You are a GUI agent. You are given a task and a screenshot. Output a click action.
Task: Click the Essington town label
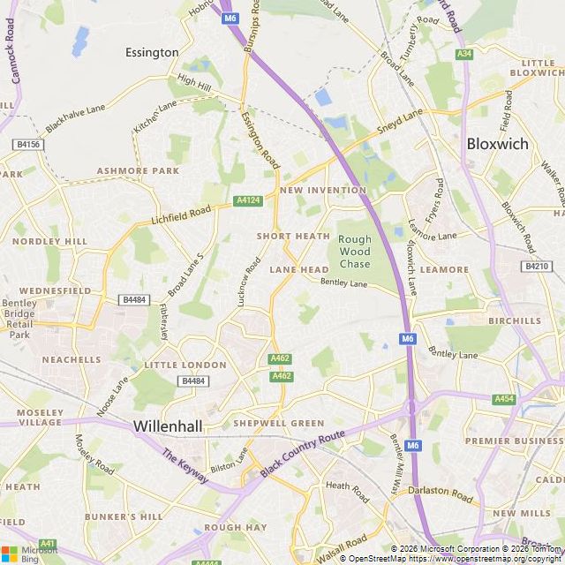[x=152, y=52]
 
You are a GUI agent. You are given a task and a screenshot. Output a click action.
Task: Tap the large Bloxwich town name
[x=497, y=143]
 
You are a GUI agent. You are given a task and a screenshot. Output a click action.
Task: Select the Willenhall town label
[x=168, y=426]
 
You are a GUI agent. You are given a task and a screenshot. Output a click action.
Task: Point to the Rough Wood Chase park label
[x=355, y=252]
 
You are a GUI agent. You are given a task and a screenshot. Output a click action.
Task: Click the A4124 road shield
[x=249, y=201]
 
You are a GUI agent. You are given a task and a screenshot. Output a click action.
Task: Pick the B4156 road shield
[x=28, y=144]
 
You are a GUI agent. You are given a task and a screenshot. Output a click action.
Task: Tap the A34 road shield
[x=464, y=55]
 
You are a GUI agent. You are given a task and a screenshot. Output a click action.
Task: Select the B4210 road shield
[x=536, y=266]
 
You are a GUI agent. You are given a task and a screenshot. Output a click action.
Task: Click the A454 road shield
[x=504, y=399]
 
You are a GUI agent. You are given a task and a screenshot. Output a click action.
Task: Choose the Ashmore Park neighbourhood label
[x=138, y=170]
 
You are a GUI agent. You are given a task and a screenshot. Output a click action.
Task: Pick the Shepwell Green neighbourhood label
[x=278, y=424]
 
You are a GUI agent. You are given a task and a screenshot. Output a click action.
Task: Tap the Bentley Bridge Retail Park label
[x=20, y=319]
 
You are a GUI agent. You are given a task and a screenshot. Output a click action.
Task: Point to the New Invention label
[x=322, y=190]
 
